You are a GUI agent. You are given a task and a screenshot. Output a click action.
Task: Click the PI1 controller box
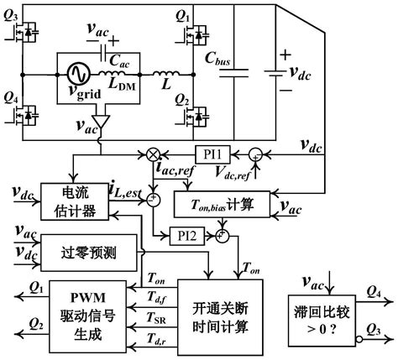(212, 154)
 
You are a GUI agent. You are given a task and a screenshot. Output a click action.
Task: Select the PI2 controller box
(187, 237)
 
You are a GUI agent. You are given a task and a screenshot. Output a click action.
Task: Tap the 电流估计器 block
(75, 201)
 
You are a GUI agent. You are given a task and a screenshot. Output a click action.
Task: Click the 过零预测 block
(89, 253)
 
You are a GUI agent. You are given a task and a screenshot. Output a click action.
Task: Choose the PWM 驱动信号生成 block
(88, 316)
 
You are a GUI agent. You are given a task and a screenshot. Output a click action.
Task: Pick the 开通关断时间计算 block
(220, 317)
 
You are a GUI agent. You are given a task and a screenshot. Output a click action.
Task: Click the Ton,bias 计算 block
(223, 204)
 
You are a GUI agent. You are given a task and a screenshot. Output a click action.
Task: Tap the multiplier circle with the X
(153, 154)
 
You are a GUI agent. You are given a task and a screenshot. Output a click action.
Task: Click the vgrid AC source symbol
(79, 74)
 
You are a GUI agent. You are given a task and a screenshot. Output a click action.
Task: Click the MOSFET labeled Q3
(24, 32)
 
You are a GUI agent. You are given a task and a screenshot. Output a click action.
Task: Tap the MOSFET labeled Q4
(24, 115)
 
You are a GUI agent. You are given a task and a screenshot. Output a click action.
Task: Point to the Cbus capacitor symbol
(234, 73)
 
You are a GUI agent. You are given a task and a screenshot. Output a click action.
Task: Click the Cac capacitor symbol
(102, 53)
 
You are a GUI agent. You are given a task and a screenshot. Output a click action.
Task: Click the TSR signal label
(156, 318)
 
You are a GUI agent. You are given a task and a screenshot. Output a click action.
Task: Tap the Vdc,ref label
(232, 172)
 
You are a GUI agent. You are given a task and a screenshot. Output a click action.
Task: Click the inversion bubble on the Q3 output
(359, 339)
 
